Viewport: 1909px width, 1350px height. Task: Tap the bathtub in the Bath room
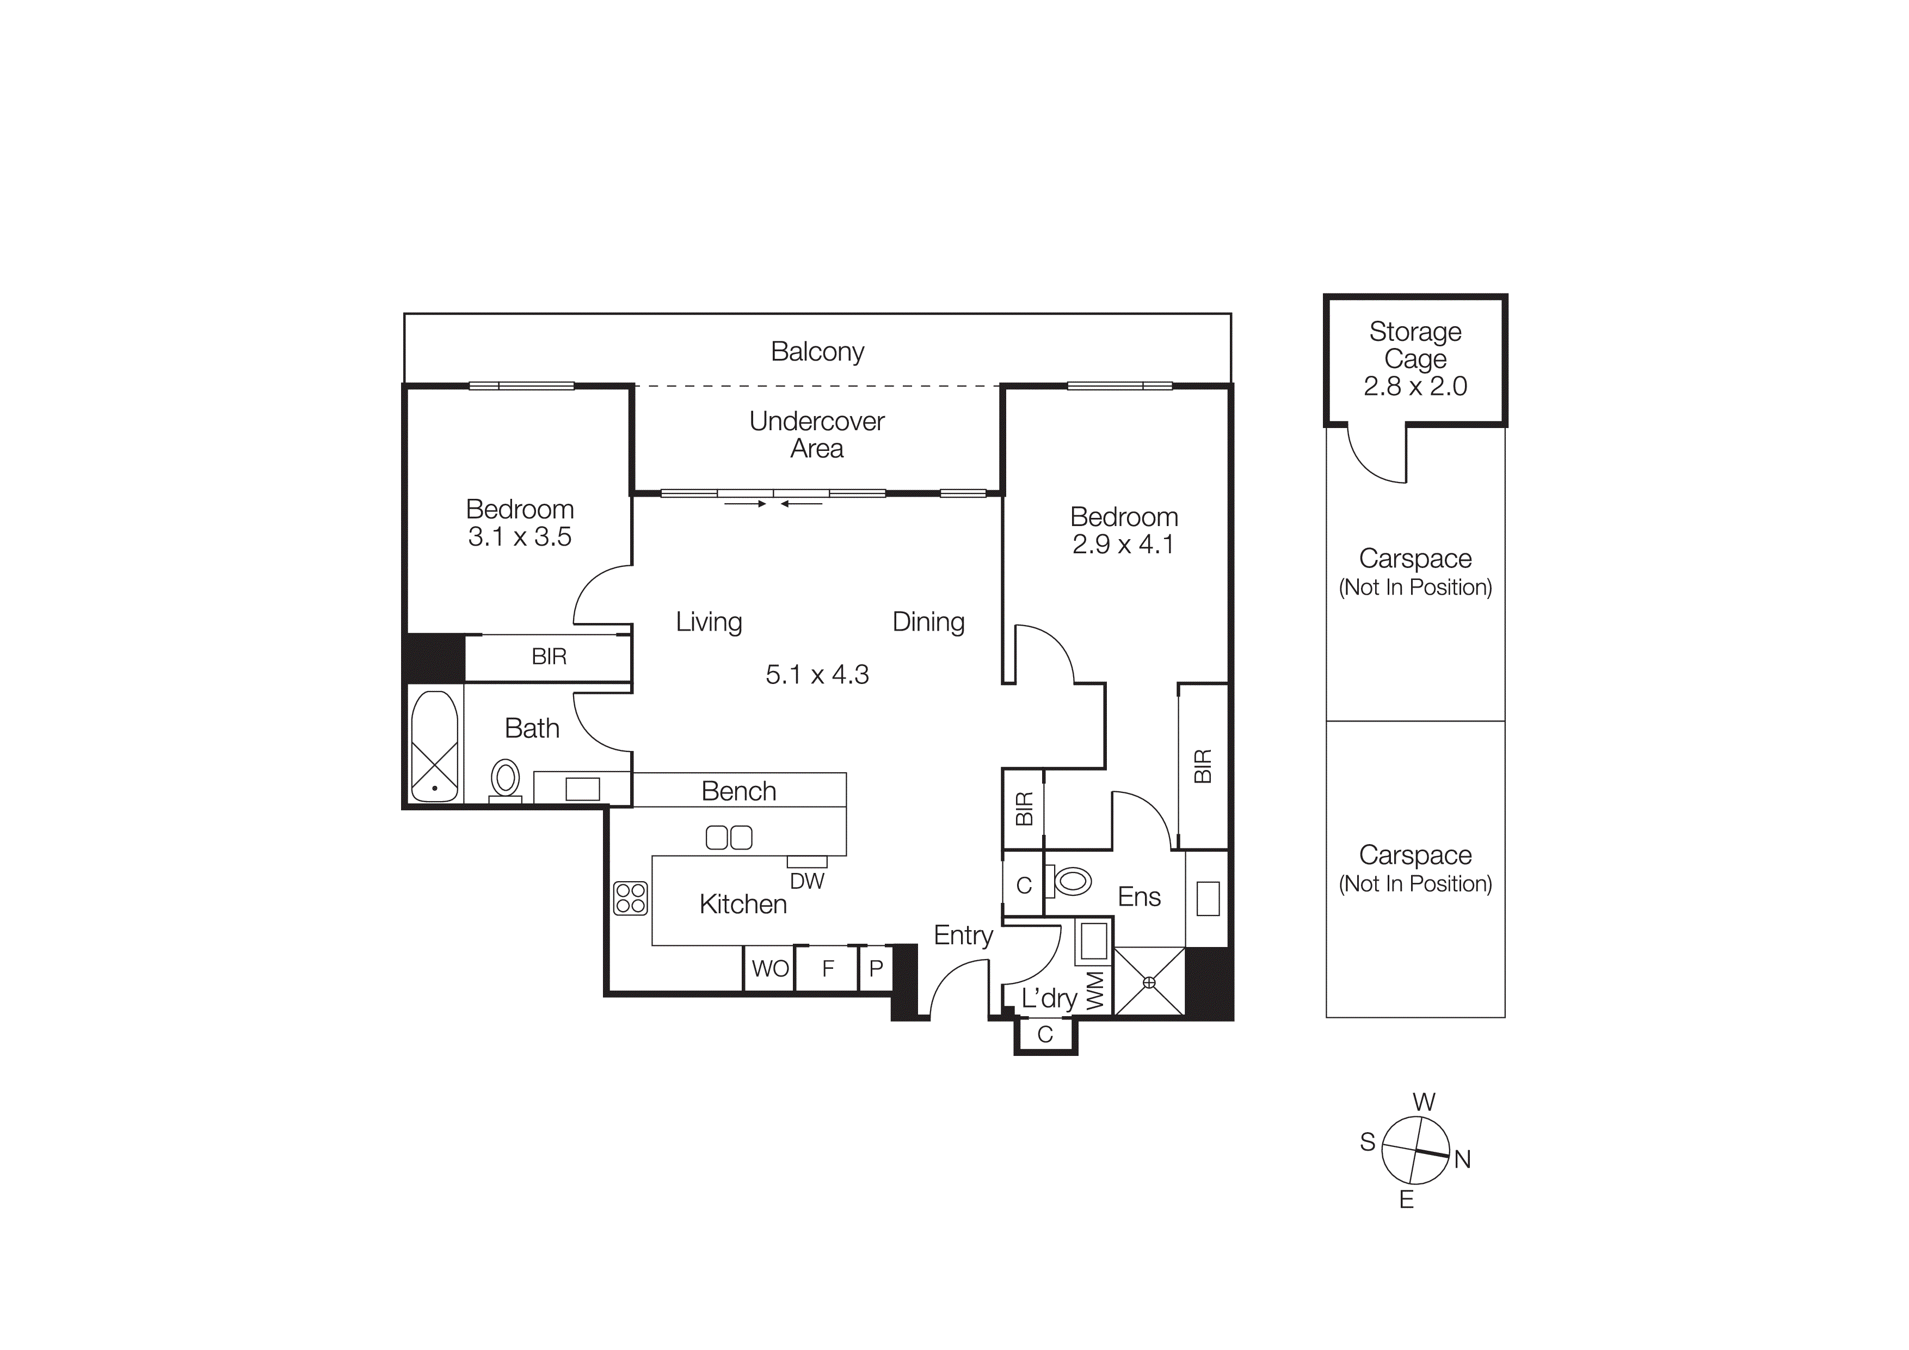[434, 746]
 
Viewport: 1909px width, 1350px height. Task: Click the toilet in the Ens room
[1071, 880]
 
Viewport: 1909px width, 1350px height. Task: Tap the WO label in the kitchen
[770, 968]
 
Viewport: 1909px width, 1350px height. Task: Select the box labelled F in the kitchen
[827, 968]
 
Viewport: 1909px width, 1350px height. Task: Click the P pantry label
[876, 968]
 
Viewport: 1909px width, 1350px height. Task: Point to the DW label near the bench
[806, 882]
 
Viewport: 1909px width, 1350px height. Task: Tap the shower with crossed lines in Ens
[1149, 982]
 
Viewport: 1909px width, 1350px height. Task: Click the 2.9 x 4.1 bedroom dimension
[1123, 544]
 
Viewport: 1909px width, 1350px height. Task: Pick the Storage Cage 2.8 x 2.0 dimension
[1414, 386]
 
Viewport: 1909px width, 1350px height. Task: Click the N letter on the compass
[1463, 1159]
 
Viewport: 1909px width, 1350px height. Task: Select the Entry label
[963, 935]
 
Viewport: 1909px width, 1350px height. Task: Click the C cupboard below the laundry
[1045, 1034]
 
